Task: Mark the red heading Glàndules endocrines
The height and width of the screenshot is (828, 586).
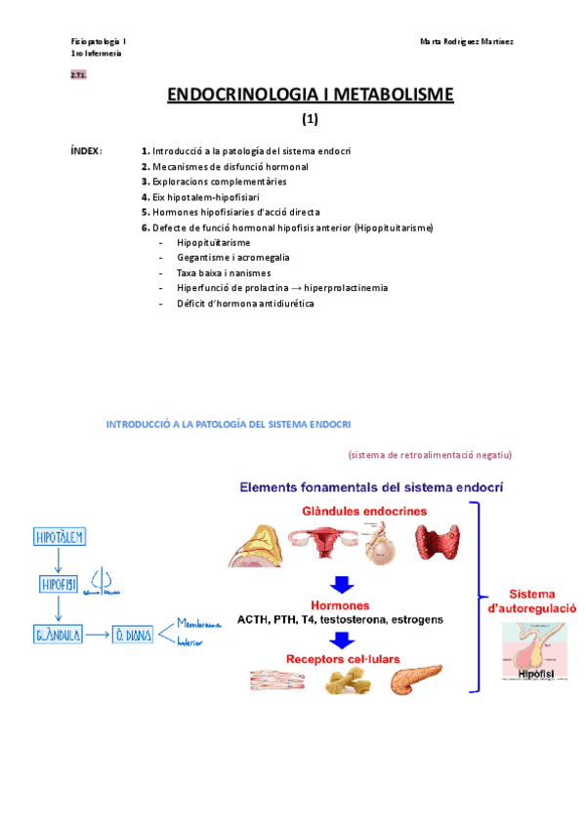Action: (356, 511)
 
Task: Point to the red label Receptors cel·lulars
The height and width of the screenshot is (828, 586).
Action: (342, 658)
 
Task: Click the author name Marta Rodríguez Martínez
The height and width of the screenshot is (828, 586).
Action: (467, 42)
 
